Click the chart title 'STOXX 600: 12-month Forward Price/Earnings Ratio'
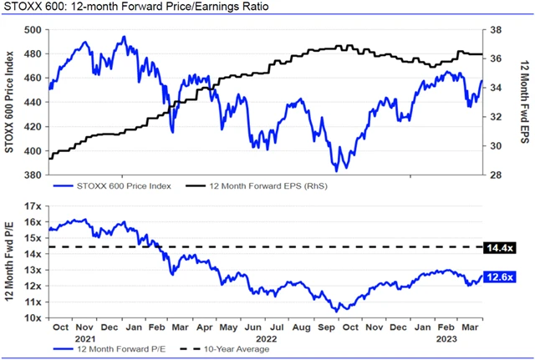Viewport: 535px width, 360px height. coord(135,8)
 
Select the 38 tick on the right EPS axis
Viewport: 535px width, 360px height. coord(496,29)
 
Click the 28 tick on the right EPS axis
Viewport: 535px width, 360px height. coord(496,175)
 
